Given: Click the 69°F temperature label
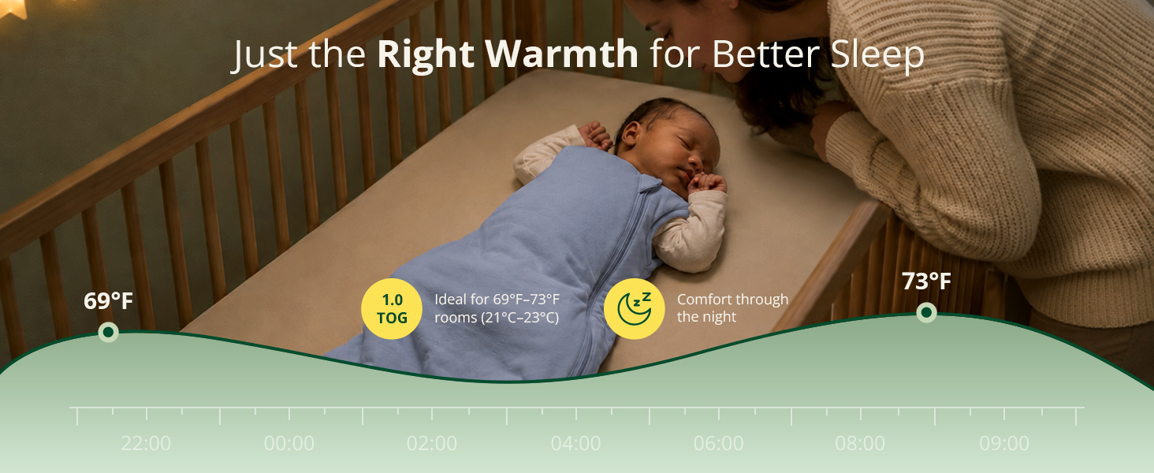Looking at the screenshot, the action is (108, 301).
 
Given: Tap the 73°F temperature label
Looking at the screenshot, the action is (926, 281).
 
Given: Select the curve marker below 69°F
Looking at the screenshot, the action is (108, 333).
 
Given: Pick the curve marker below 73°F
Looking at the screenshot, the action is (926, 312).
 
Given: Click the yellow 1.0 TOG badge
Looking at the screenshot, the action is (392, 309).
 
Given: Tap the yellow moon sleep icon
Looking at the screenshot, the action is (635, 309).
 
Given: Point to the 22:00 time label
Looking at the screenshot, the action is (146, 443).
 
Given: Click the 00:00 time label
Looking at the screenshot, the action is (289, 443).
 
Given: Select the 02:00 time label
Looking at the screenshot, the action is (432, 443).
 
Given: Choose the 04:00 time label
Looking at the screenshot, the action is (575, 443).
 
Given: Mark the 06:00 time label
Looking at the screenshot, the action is (718, 443).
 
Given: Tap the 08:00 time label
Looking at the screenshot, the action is (860, 443).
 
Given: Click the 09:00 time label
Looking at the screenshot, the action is (1004, 443).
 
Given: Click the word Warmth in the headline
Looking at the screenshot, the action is (561, 54).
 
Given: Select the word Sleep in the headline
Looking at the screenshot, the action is (877, 56).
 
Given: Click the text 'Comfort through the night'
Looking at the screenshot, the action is (732, 308).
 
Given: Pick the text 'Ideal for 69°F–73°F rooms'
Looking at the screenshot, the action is (497, 308).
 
